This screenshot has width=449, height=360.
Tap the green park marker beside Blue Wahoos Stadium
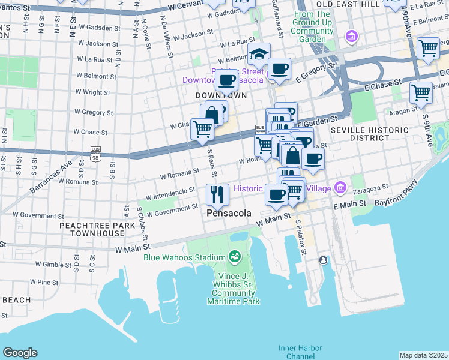[235, 257]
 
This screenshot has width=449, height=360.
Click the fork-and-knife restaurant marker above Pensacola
[217, 194]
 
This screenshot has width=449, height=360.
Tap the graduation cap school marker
[259, 55]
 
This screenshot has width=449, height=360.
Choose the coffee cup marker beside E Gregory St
[279, 68]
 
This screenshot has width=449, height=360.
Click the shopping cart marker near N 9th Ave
[428, 47]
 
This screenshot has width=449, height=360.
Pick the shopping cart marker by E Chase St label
[421, 92]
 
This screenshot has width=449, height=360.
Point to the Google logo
[20, 353]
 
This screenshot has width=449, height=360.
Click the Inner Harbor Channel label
[300, 352]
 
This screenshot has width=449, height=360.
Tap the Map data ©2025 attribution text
[423, 355]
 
